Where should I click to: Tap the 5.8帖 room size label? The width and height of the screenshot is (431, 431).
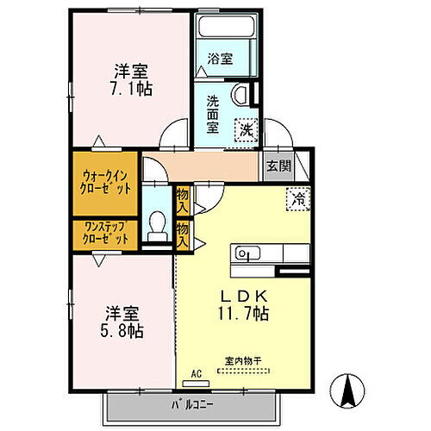[124, 331]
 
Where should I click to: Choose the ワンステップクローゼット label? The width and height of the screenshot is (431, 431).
[103, 234]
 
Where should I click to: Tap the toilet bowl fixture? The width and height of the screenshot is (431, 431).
[157, 227]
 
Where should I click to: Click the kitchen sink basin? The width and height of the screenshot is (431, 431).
[245, 254]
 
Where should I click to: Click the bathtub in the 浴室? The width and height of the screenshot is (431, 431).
[226, 28]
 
